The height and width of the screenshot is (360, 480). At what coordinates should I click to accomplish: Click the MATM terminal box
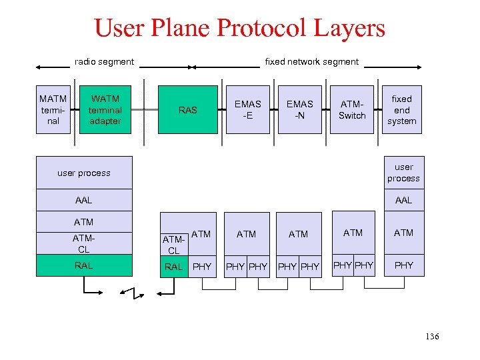(x=53, y=110)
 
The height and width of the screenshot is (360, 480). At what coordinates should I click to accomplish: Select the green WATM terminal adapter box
(x=105, y=110)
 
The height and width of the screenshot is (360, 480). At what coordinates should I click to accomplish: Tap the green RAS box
(x=188, y=110)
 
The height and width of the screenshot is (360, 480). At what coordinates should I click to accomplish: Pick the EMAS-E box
(x=248, y=110)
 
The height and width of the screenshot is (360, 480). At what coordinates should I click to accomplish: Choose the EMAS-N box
(x=299, y=110)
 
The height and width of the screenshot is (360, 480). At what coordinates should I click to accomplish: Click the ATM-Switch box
(x=352, y=110)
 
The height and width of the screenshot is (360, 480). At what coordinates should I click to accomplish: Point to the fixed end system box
(x=402, y=110)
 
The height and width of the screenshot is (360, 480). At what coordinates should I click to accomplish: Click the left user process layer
(x=84, y=173)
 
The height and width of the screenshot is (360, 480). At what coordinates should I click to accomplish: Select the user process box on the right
(x=403, y=173)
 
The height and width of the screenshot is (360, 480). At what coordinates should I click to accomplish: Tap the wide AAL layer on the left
(x=84, y=200)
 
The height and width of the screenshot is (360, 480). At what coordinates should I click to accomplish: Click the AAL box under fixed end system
(x=403, y=200)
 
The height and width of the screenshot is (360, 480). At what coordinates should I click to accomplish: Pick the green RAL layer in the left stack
(x=84, y=265)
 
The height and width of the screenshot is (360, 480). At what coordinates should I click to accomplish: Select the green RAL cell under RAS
(x=173, y=267)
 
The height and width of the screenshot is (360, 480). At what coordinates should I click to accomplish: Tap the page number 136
(x=431, y=337)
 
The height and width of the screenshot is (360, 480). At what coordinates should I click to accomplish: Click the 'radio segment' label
(x=104, y=62)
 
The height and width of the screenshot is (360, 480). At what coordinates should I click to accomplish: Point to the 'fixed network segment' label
(x=311, y=62)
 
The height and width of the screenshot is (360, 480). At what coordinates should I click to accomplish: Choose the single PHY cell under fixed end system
(x=403, y=265)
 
